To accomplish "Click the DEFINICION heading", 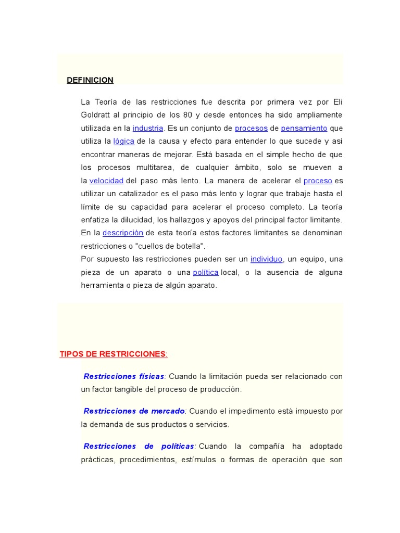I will point(90,80).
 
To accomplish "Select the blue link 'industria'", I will point(148,128).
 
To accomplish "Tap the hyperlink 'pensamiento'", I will point(304,128).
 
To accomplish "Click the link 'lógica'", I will point(124,141).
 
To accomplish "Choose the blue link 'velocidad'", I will point(106,181).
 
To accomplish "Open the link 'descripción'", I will point(122,233).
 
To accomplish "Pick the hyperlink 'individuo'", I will point(266,259).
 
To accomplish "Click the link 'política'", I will point(206,272).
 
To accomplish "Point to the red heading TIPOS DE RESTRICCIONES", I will point(113,354).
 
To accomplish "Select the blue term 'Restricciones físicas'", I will point(124,376).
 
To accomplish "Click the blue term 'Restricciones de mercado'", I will point(134,411).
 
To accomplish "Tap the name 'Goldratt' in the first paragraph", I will point(96,115).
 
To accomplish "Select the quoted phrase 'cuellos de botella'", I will point(170,246).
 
